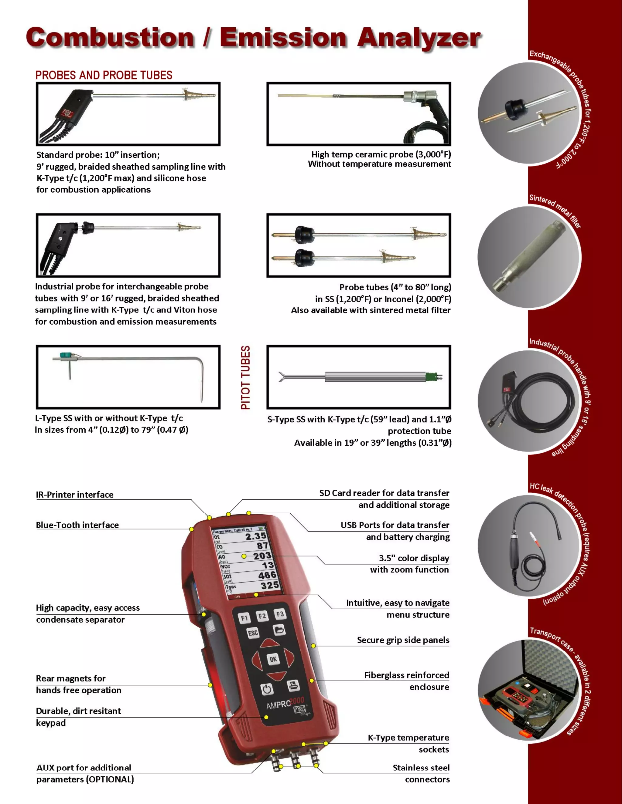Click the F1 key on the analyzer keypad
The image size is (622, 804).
tap(244, 618)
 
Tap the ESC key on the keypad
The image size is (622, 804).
tap(253, 633)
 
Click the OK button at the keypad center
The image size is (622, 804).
tap(273, 659)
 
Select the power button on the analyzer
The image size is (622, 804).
tap(267, 689)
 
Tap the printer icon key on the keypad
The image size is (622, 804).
tap(293, 685)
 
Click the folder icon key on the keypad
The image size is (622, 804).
tap(279, 630)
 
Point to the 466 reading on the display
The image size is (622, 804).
tap(267, 575)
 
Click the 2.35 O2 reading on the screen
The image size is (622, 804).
tap(256, 536)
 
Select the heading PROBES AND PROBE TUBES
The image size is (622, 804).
tap(104, 75)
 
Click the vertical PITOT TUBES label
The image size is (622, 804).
tap(245, 377)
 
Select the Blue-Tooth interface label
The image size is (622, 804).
tap(77, 525)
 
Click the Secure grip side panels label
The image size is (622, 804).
tap(403, 640)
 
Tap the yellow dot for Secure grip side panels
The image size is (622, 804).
tap(313, 646)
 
